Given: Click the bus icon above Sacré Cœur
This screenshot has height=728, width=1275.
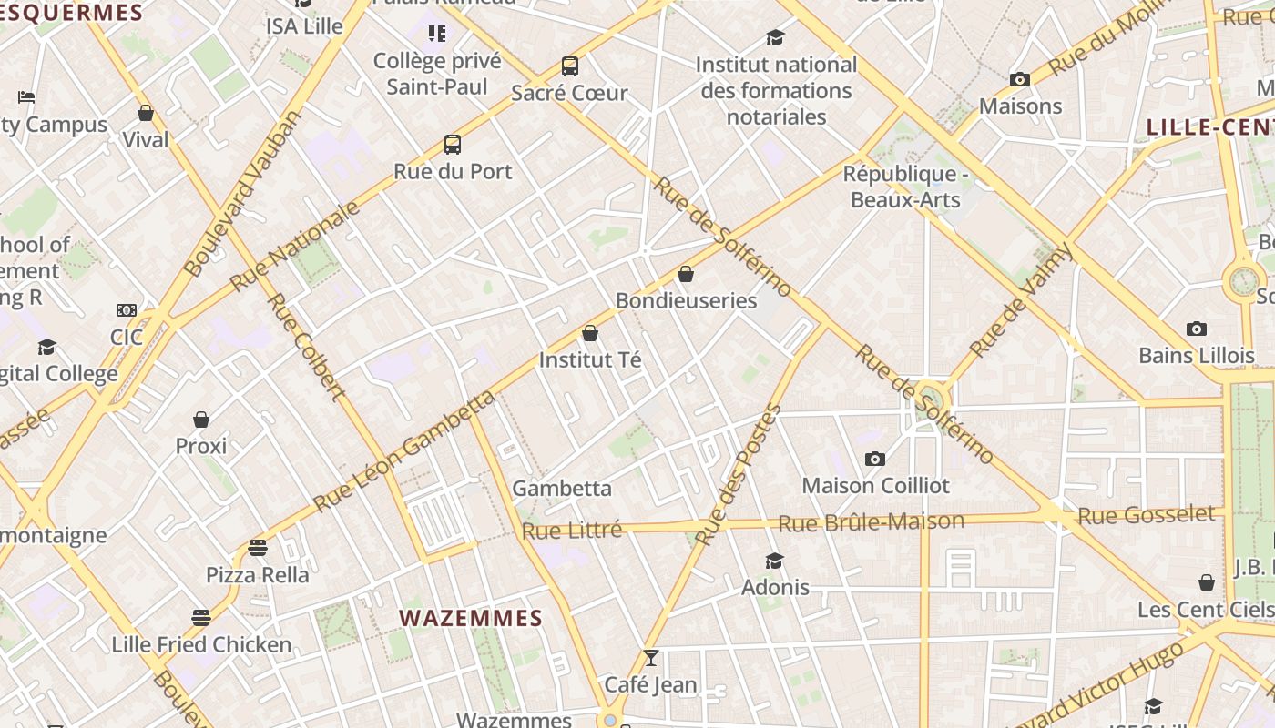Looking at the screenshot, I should (x=570, y=66).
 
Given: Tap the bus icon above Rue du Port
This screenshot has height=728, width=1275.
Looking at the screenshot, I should (x=453, y=145).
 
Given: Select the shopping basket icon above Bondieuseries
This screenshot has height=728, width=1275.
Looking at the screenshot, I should (x=686, y=274).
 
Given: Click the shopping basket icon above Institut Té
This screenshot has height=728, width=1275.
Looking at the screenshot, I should (x=590, y=334).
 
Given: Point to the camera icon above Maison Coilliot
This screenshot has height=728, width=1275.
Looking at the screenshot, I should (x=875, y=460).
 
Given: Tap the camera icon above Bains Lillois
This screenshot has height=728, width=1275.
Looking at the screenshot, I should (x=1197, y=329).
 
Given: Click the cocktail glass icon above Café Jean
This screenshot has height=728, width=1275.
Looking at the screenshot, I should (x=650, y=658).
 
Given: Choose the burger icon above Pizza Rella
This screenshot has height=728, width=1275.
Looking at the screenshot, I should (x=258, y=548).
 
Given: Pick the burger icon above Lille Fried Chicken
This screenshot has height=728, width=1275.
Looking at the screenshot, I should (x=201, y=618).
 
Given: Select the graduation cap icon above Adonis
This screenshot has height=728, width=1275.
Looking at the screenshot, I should (x=775, y=561).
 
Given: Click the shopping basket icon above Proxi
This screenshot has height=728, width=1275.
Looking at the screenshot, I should (x=201, y=420).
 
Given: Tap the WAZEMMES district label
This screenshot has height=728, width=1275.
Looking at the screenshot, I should (x=471, y=619).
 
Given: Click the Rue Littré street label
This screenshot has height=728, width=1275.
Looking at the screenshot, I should (x=572, y=530).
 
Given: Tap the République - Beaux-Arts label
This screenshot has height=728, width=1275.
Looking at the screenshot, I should (x=905, y=187).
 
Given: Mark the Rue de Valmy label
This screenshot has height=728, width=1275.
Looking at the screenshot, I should (x=1021, y=300).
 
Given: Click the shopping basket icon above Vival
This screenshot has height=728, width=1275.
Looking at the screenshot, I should (x=146, y=114).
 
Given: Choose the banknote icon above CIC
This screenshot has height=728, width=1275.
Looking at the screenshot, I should (x=127, y=311).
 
